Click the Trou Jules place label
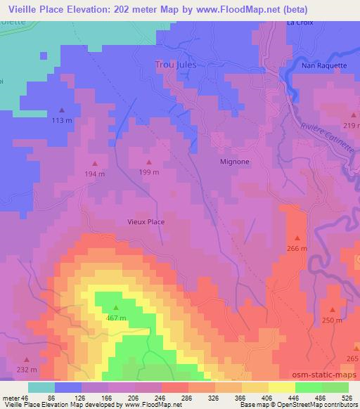click(175, 65)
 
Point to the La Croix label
click(300, 22)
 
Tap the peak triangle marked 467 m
click(116, 308)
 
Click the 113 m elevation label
click(62, 120)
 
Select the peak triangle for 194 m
click(96, 164)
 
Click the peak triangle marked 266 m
click(297, 238)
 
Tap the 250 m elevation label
click(332, 320)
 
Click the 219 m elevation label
click(352, 125)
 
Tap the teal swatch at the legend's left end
click(41, 387)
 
